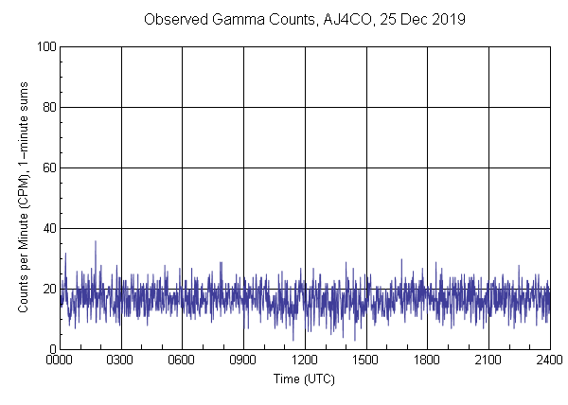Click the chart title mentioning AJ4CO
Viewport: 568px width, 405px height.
304,19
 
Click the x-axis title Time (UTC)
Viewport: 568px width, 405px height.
304,379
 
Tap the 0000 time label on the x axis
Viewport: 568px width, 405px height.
60,361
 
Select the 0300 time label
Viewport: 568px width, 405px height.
121,361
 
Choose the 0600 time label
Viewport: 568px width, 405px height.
182,361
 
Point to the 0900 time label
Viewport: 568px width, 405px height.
243,361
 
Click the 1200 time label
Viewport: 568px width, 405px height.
305,361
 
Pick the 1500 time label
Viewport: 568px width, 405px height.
365,361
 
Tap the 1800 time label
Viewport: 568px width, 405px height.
427,361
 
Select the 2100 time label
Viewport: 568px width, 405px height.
488,361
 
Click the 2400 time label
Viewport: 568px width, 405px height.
549,361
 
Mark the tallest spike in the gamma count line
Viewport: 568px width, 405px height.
95,241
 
